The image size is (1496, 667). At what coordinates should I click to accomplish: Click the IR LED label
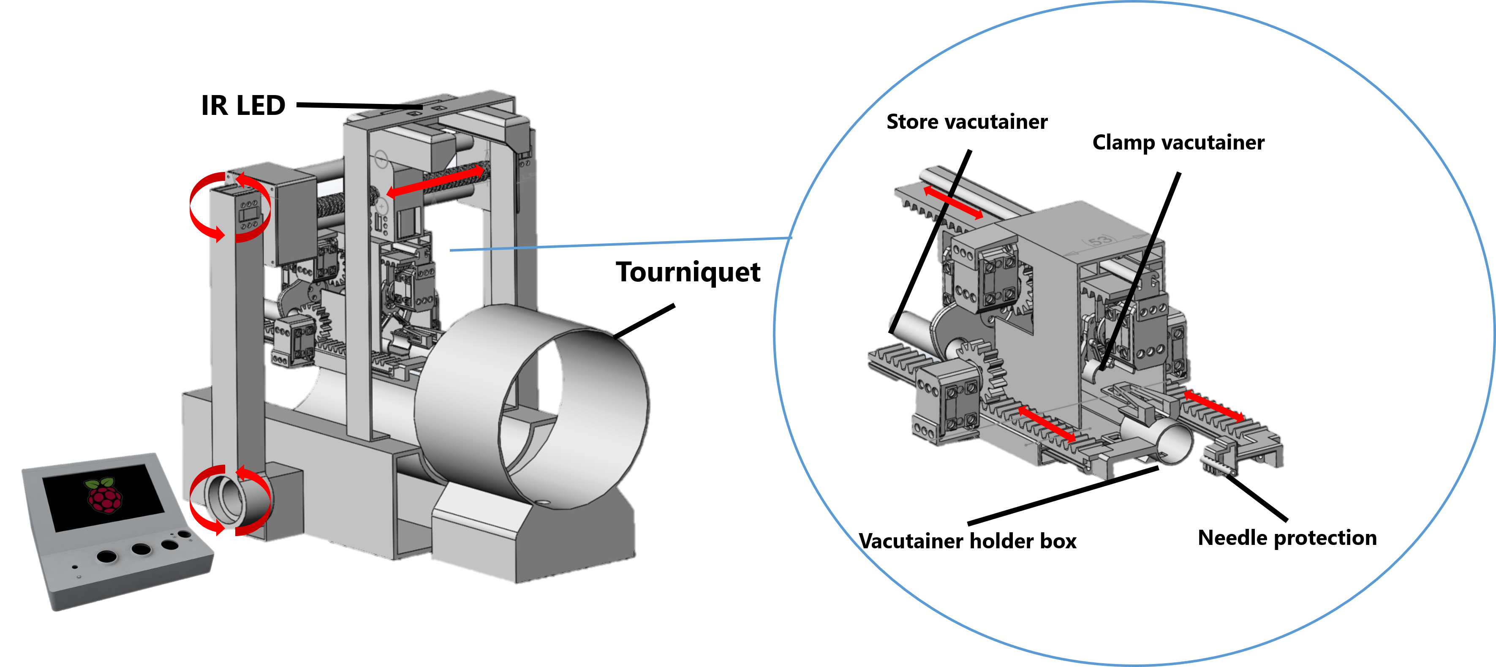point(243,106)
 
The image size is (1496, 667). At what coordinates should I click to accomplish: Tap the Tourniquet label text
point(688,272)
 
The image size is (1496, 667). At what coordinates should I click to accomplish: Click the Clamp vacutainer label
point(1178,142)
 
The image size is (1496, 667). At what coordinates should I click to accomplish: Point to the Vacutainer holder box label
point(968,541)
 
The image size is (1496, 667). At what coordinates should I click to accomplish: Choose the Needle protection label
point(1287,538)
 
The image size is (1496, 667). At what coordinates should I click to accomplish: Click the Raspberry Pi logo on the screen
point(105,495)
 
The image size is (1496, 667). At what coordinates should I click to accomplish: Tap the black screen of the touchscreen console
point(103,497)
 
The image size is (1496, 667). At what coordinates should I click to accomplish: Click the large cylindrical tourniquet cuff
point(531,407)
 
